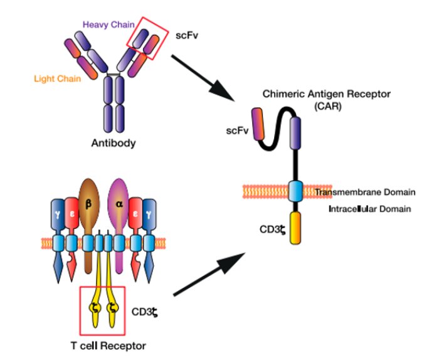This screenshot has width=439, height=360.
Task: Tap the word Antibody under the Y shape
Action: click(113, 142)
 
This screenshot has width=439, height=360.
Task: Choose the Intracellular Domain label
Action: click(370, 208)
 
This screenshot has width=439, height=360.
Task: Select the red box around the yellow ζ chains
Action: click(103, 309)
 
